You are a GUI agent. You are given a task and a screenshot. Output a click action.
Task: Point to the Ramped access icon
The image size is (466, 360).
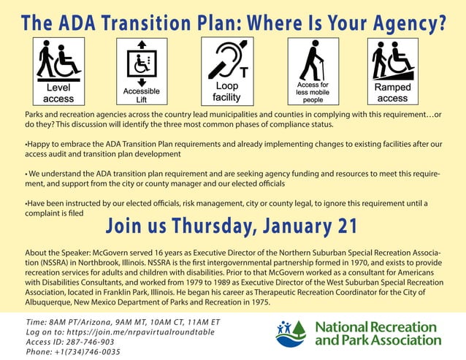[x=392, y=72]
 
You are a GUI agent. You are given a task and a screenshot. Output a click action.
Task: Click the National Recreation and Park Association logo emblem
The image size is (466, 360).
[x=293, y=333]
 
